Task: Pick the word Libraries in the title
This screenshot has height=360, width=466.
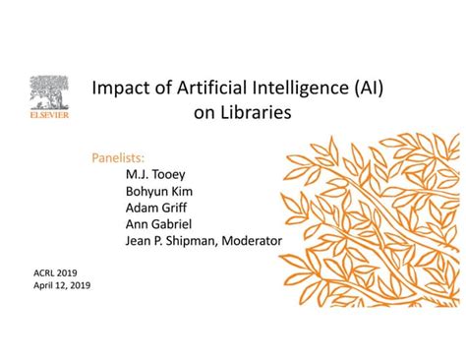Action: tap(255, 114)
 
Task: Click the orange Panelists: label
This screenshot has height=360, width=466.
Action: tap(119, 157)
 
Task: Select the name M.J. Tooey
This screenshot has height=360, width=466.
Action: tap(155, 174)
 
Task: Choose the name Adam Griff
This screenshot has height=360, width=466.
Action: tap(158, 208)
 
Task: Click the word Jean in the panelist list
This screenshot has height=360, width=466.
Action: tap(140, 241)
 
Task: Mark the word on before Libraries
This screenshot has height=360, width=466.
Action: tap(204, 114)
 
